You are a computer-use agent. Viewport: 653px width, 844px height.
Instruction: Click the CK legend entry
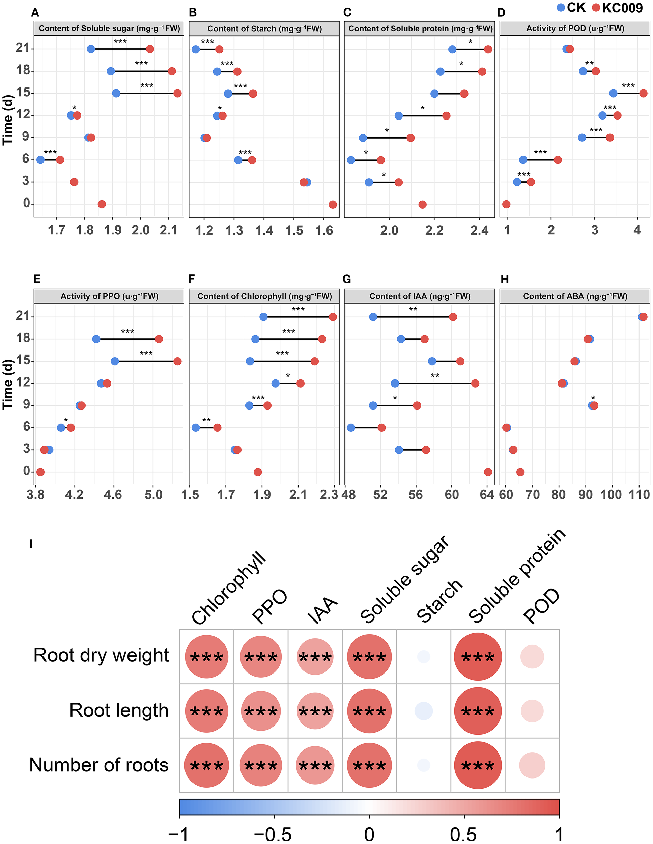(x=572, y=8)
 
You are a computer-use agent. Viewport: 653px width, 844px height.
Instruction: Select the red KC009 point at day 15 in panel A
(x=177, y=93)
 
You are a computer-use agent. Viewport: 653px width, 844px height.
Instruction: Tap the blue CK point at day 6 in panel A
(x=40, y=160)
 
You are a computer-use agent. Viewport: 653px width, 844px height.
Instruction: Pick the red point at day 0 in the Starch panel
(x=333, y=205)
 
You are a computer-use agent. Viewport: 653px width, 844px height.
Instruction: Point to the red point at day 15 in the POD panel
(x=643, y=93)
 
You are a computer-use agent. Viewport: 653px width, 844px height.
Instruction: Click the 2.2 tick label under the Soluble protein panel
(x=434, y=230)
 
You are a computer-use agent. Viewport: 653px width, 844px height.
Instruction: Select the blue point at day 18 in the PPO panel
(x=96, y=339)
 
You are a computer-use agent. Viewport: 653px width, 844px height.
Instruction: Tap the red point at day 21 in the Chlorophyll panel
(x=333, y=317)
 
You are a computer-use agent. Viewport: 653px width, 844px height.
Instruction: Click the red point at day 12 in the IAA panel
(x=475, y=384)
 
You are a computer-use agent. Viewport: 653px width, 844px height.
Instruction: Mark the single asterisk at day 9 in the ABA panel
(x=593, y=398)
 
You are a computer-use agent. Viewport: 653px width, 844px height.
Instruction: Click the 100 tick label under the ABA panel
(x=611, y=495)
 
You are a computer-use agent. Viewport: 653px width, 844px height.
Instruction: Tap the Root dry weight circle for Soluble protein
(x=478, y=657)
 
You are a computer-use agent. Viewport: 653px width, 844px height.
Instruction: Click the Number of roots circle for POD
(x=532, y=765)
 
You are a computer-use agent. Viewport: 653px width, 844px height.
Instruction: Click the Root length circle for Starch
(x=424, y=711)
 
